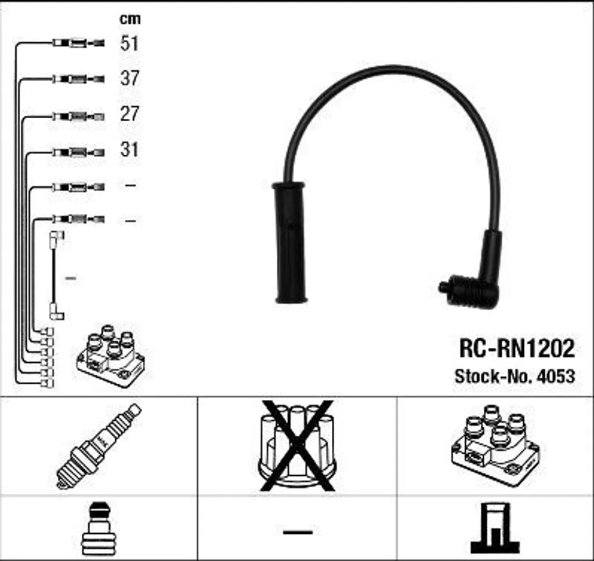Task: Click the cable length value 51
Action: pos(129,43)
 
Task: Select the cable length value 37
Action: pos(129,78)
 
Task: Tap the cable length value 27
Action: pos(129,114)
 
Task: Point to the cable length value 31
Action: pos(129,150)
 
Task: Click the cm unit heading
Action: pos(129,19)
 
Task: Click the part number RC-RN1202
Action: pos(516,348)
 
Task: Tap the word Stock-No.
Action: pos(493,376)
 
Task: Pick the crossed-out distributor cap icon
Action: pos(296,445)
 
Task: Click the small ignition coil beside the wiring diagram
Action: pos(110,355)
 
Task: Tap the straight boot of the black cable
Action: pos(290,243)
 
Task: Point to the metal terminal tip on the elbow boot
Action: pos(444,286)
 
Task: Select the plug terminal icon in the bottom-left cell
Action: pos(99,529)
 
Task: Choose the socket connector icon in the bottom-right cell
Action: pos(494,527)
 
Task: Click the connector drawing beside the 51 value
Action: pos(78,43)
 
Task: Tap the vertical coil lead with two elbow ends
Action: pos(55,275)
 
